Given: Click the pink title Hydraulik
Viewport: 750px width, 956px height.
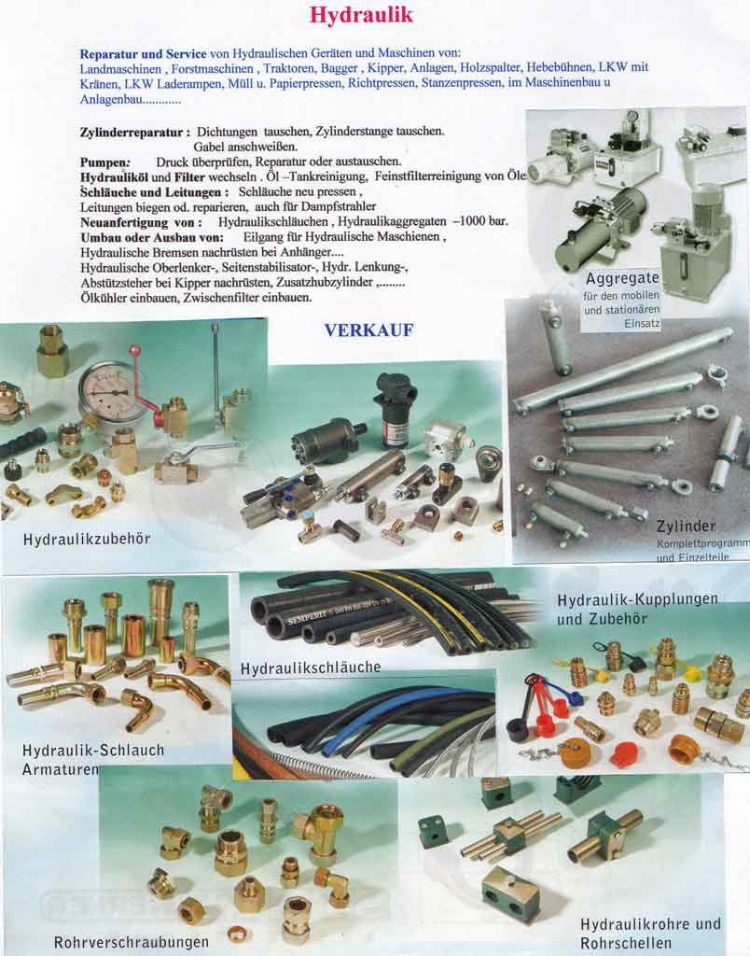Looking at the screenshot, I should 361,16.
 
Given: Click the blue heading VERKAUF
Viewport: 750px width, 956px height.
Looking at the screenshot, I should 368,330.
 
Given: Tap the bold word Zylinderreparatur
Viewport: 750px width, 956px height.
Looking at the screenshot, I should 134,133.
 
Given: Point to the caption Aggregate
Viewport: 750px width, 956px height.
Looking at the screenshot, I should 622,278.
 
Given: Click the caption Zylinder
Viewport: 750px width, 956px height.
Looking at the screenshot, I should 685,525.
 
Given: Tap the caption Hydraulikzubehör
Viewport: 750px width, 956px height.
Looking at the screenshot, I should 87,540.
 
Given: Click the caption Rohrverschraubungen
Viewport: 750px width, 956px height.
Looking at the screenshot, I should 132,941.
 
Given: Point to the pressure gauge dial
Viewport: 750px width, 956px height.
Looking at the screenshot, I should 112,391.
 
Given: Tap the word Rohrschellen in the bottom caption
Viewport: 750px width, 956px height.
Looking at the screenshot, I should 625,942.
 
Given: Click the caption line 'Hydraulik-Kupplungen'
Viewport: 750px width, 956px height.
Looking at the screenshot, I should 637,598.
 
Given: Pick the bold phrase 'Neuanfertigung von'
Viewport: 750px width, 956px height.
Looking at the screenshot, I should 140,223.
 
